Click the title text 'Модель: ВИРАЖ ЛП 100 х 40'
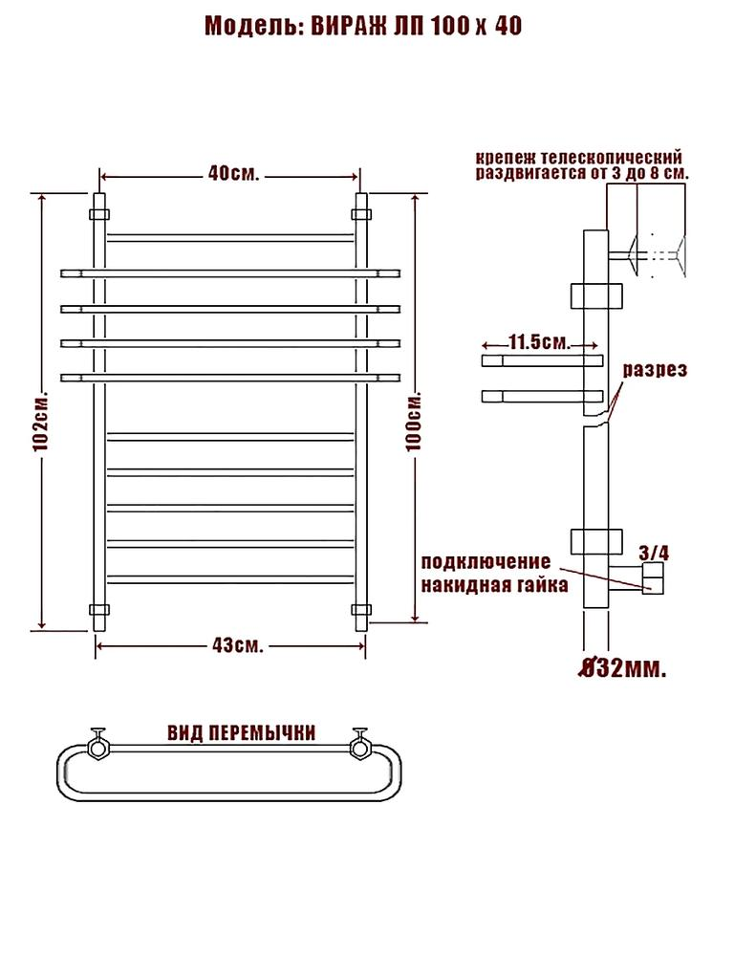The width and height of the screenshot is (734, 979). [363, 27]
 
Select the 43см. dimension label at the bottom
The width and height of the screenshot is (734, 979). [237, 645]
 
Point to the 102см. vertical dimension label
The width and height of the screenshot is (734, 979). [41, 423]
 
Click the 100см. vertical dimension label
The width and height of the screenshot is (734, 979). [414, 422]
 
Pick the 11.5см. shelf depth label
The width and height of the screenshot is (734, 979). [539, 342]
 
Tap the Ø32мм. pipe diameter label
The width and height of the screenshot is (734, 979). [621, 668]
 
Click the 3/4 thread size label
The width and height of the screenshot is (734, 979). [654, 553]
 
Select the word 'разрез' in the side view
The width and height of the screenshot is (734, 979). [655, 370]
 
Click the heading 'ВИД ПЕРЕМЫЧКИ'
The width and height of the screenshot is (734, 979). [241, 732]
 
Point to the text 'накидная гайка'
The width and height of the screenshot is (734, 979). [494, 585]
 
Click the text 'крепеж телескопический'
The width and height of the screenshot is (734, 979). [578, 157]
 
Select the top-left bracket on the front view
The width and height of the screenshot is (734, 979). [99, 214]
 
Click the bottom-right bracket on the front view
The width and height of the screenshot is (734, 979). [361, 609]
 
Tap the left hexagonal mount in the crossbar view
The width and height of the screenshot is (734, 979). [98, 746]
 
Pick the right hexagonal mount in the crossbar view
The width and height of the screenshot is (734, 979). [359, 746]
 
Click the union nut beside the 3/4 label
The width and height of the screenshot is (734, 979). [654, 578]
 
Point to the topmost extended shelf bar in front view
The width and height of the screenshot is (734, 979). [230, 273]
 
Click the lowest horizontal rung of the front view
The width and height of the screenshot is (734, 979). [230, 578]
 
